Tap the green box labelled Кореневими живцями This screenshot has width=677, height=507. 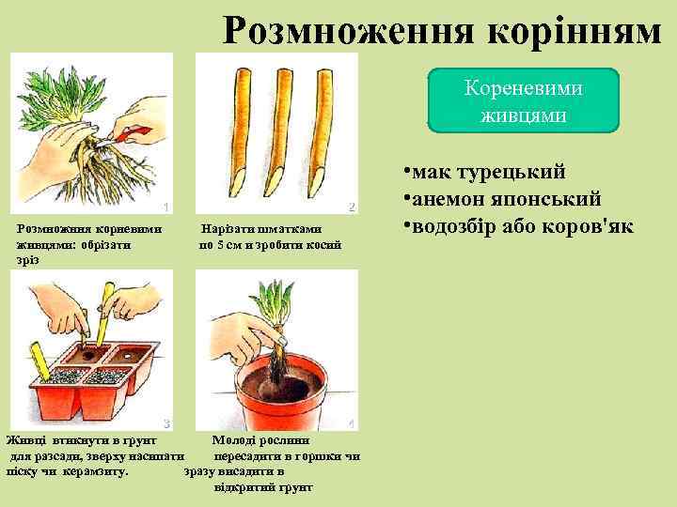[524, 100]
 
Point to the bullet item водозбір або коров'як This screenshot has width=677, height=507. [517, 226]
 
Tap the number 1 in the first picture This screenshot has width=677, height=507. [165, 207]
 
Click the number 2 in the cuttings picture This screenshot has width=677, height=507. [351, 207]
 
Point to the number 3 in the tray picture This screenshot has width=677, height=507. [166, 423]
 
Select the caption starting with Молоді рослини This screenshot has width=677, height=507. [273, 463]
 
